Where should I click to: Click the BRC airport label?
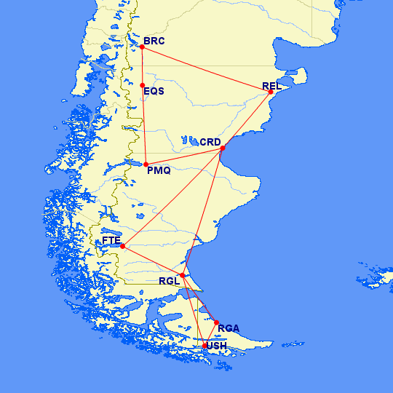(x=155, y=41)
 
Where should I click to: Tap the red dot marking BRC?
(x=142, y=47)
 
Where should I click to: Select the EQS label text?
(x=154, y=92)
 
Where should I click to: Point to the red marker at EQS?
(x=143, y=85)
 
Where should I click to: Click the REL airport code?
(x=271, y=87)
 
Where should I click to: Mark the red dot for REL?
(x=271, y=92)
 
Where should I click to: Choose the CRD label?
(x=210, y=141)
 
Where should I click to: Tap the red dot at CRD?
(x=223, y=148)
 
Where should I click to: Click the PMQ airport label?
(x=159, y=171)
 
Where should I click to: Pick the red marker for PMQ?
(x=146, y=164)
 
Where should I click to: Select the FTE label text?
(x=111, y=240)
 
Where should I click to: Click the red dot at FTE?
(x=122, y=246)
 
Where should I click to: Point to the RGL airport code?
(x=168, y=281)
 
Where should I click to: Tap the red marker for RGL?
(x=182, y=275)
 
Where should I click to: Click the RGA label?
(x=229, y=328)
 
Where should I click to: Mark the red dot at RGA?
(x=216, y=322)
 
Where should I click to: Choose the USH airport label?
(x=217, y=346)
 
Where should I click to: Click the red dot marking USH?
(x=205, y=345)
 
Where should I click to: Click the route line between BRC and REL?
(x=207, y=70)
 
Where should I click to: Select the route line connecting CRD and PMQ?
(x=185, y=156)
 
